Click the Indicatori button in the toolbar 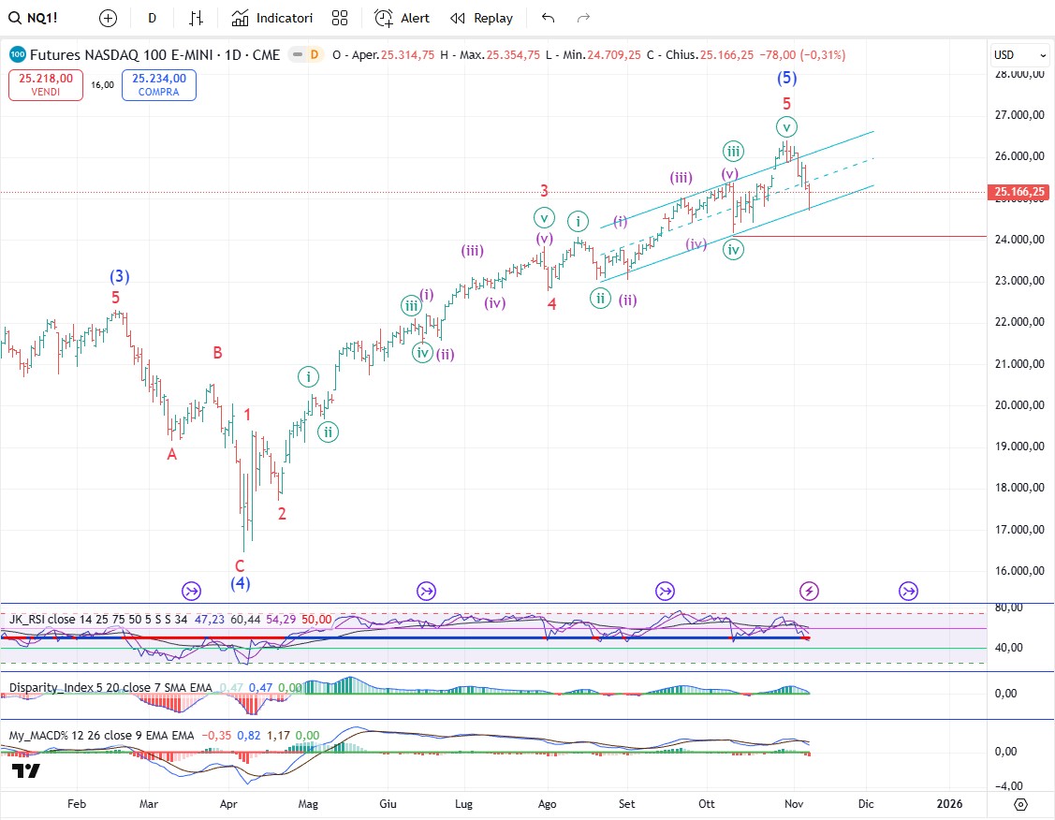coord(272,18)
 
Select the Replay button coord(481,18)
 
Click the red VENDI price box coord(46,85)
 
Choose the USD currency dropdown coord(1019,55)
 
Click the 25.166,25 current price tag coord(1019,192)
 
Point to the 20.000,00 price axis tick coord(1019,405)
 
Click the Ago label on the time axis coord(549,803)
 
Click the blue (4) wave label coord(241,584)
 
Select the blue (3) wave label coord(119,277)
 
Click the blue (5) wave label coord(787,79)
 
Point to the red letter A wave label coord(171,454)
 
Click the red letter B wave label coord(217,353)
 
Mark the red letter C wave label coord(240,565)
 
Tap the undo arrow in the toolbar coord(549,18)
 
